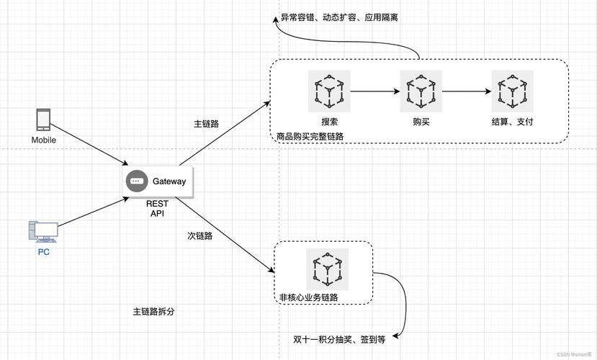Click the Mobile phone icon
(44, 120)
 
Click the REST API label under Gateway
(157, 209)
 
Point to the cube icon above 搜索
(329, 91)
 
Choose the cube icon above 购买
(421, 91)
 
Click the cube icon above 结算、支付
(512, 91)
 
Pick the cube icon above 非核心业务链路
(328, 269)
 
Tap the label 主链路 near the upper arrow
(207, 124)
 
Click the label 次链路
(200, 235)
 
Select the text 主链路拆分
(154, 312)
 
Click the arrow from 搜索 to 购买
(374, 91)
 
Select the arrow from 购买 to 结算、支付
(467, 91)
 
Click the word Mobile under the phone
(44, 140)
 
